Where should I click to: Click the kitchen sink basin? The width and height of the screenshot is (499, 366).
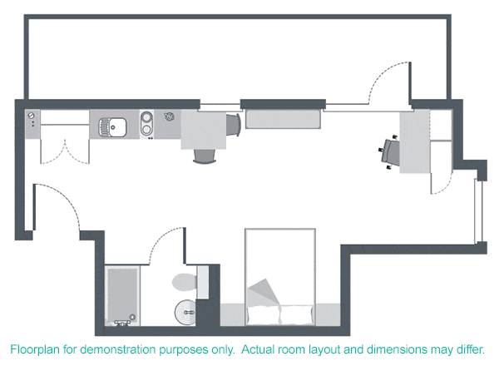click(115, 127)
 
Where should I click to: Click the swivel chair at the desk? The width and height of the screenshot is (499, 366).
click(389, 151)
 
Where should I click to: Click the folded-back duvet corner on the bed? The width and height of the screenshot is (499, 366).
click(264, 290)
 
